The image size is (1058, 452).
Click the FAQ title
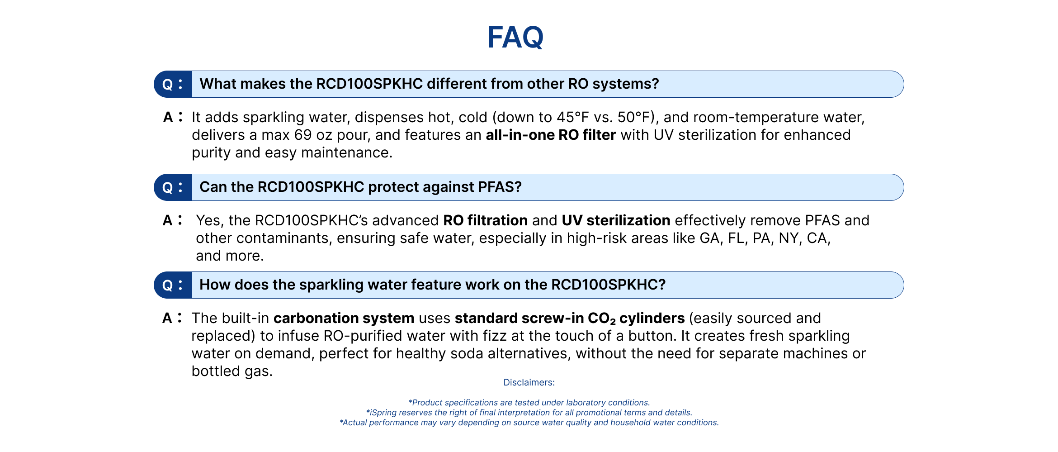[515, 37]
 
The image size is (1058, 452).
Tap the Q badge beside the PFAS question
[173, 187]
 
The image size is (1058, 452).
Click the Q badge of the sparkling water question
[173, 285]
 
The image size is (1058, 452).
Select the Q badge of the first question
[173, 84]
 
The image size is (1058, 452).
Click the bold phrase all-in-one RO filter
[551, 135]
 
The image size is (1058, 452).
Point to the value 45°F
[573, 117]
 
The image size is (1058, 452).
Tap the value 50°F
[634, 117]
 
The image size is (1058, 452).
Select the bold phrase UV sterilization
[616, 220]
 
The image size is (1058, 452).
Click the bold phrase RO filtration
[485, 220]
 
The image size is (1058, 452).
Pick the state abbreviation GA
[709, 238]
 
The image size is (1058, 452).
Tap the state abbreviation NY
[788, 238]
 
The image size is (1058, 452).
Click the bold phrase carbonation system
[344, 318]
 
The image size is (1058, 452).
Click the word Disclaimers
[529, 382]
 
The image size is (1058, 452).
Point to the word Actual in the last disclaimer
[354, 423]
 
